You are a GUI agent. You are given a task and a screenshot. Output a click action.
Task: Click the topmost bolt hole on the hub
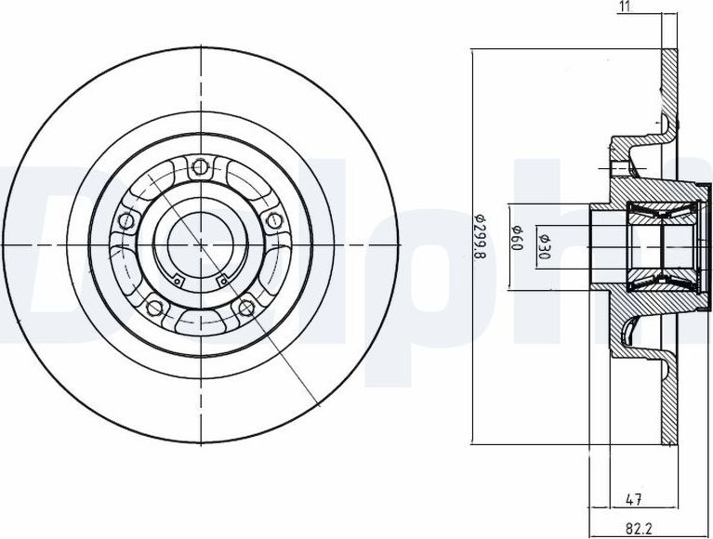[x=197, y=168]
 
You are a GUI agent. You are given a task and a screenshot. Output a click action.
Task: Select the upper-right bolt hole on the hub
[x=273, y=220]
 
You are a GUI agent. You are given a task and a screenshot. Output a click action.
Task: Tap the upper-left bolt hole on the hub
[x=125, y=221]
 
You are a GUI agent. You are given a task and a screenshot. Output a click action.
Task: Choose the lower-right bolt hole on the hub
[x=245, y=307]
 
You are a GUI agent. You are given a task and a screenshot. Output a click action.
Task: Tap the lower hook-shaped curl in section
[x=632, y=327]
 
